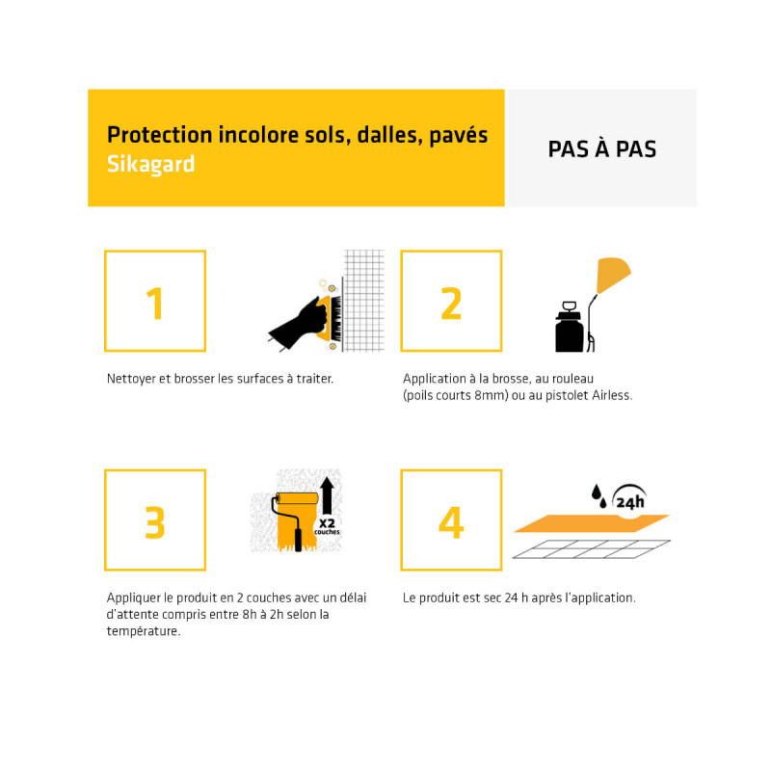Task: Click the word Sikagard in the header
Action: (x=150, y=164)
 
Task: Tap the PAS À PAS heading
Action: (x=601, y=149)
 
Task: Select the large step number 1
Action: (x=155, y=304)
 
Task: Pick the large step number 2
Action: (x=451, y=304)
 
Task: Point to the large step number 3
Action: (x=155, y=522)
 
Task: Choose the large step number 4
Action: (x=451, y=522)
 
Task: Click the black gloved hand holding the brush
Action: (x=299, y=324)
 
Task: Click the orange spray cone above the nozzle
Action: (x=612, y=275)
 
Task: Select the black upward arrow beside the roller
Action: (x=327, y=495)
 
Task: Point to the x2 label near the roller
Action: (x=327, y=523)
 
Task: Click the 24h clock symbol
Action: (x=629, y=497)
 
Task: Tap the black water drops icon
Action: (x=598, y=496)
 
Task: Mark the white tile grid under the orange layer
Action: (x=591, y=549)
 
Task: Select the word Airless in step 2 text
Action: (x=612, y=395)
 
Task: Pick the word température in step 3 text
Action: (x=143, y=631)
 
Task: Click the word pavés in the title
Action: (x=459, y=135)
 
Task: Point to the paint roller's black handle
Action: (x=298, y=540)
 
